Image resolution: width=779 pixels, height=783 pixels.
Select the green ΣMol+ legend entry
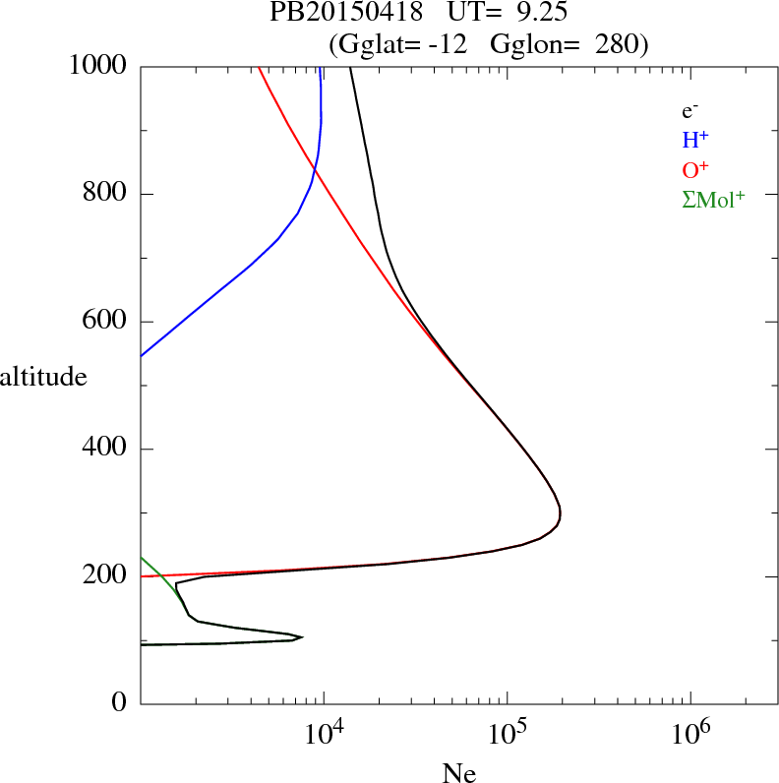[713, 199]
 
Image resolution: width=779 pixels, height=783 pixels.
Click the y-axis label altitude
[43, 376]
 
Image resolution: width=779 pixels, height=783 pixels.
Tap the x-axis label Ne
[459, 773]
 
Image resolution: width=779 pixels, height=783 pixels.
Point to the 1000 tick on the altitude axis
[99, 67]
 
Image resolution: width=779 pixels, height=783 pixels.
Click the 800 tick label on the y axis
[106, 194]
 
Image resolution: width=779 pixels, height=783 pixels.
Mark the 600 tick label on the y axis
[106, 322]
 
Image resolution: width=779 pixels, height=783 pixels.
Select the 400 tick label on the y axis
[106, 450]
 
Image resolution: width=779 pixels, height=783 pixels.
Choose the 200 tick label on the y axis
[106, 576]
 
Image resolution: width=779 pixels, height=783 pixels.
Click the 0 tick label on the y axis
[119, 703]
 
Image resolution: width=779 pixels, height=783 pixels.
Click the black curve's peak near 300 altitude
[560, 512]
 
